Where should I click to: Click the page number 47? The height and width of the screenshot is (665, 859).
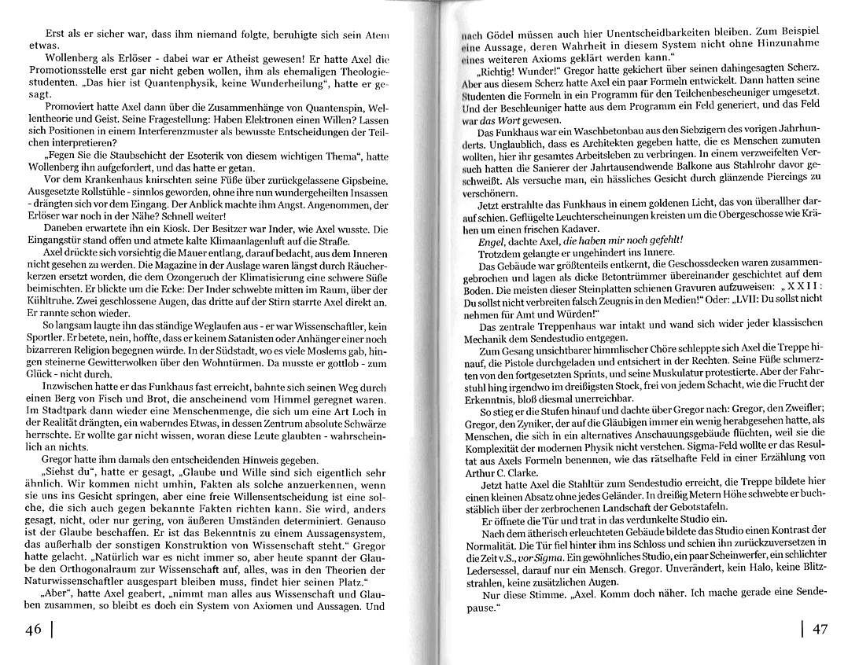click(819, 630)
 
